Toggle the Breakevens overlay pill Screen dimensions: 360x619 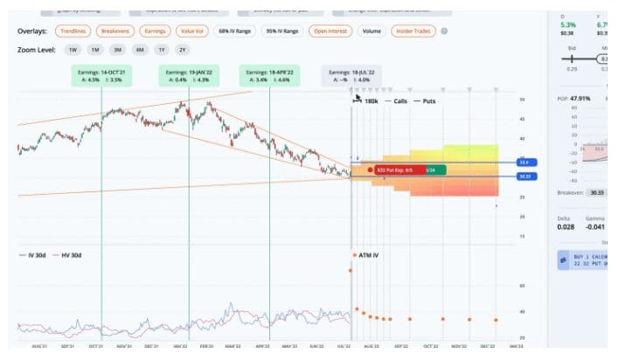click(117, 31)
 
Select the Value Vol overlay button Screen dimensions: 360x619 click(193, 31)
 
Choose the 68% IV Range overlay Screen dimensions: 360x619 click(234, 31)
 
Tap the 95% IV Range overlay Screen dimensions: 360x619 click(282, 31)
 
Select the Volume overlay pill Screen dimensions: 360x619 click(372, 31)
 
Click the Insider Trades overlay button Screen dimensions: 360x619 click(414, 31)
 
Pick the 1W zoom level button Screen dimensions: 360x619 click(73, 50)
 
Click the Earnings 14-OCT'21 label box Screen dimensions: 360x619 click(101, 75)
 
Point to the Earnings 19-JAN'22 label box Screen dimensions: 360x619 click(189, 75)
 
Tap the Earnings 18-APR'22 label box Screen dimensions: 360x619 click(268, 75)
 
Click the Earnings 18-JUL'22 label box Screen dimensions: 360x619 click(350, 75)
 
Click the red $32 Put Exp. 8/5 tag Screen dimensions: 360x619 click(399, 170)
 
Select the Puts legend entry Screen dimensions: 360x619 click(428, 101)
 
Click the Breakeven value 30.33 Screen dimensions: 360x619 click(596, 192)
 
